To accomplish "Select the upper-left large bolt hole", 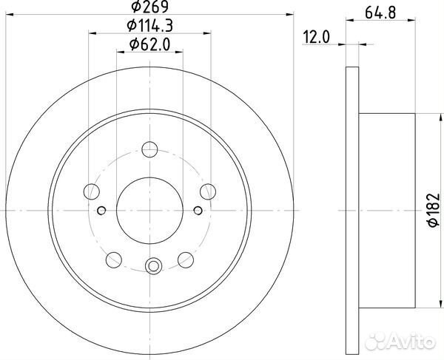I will [x=92, y=191].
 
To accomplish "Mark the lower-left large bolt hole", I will [x=115, y=259].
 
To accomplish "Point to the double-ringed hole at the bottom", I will [x=153, y=265].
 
